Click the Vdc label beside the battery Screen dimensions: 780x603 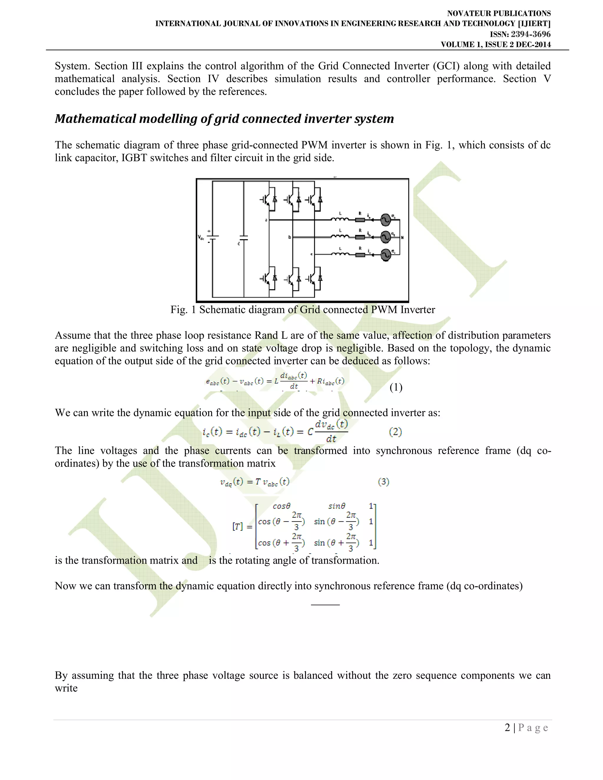201,237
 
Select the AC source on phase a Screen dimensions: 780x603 385,220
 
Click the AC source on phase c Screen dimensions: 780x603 385,255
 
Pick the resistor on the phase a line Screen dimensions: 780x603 360,220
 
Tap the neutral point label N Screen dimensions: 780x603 402,237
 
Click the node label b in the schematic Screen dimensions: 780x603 290,237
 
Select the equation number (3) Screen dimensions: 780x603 383,482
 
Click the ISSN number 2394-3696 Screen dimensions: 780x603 531,34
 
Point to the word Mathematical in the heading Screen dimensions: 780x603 95,119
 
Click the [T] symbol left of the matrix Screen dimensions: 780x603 238,527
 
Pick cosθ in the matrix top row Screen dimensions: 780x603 281,506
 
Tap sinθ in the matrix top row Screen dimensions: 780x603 337,506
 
